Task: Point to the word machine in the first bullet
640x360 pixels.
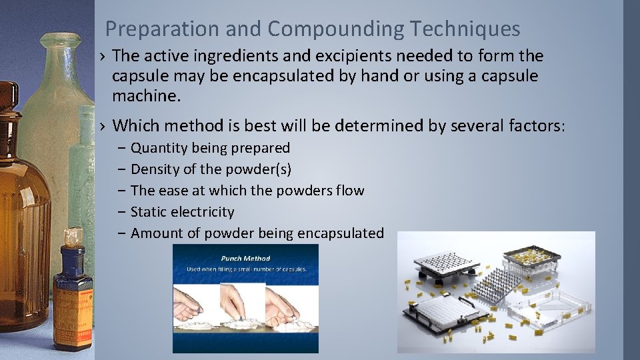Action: [x=145, y=96]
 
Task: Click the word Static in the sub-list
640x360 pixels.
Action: [x=147, y=212]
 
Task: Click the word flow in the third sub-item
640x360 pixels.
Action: [x=350, y=191]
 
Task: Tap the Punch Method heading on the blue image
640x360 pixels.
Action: [x=245, y=258]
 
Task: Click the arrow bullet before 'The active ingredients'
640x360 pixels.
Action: [x=101, y=57]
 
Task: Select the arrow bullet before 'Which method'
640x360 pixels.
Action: [x=101, y=126]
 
